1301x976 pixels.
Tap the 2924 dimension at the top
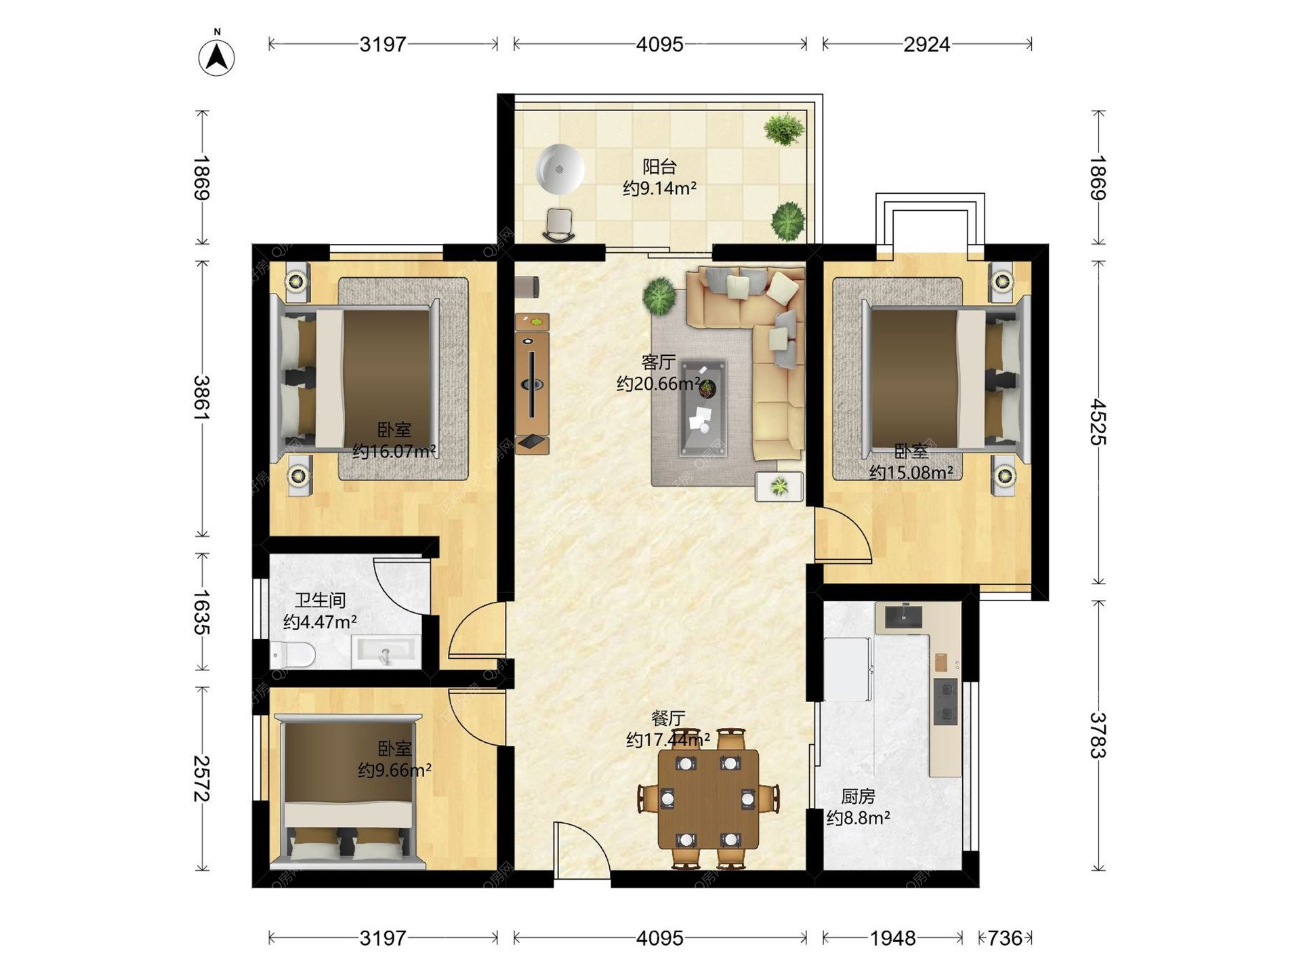[926, 45]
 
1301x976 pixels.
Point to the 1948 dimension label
[892, 938]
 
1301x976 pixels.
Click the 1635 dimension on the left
[201, 612]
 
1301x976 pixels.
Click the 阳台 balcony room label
[659, 166]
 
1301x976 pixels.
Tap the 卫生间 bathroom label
[320, 600]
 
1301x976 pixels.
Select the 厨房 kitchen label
[858, 796]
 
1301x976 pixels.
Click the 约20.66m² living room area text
[658, 384]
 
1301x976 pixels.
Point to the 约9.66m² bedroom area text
[394, 771]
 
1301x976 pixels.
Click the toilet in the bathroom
[293, 655]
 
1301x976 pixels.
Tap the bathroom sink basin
[386, 652]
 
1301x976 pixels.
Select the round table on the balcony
[560, 169]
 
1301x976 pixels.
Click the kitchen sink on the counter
[903, 616]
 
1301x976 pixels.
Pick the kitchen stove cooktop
[945, 701]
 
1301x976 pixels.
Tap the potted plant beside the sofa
[659, 296]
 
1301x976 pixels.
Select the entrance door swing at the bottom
[581, 850]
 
